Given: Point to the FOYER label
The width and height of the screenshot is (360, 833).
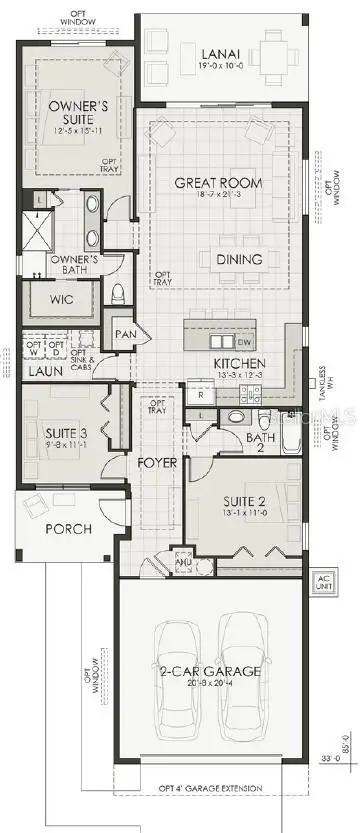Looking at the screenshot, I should [x=157, y=463].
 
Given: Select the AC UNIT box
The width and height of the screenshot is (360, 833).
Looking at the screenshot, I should [x=322, y=583].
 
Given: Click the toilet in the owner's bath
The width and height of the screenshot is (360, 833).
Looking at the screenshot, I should [x=119, y=293].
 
